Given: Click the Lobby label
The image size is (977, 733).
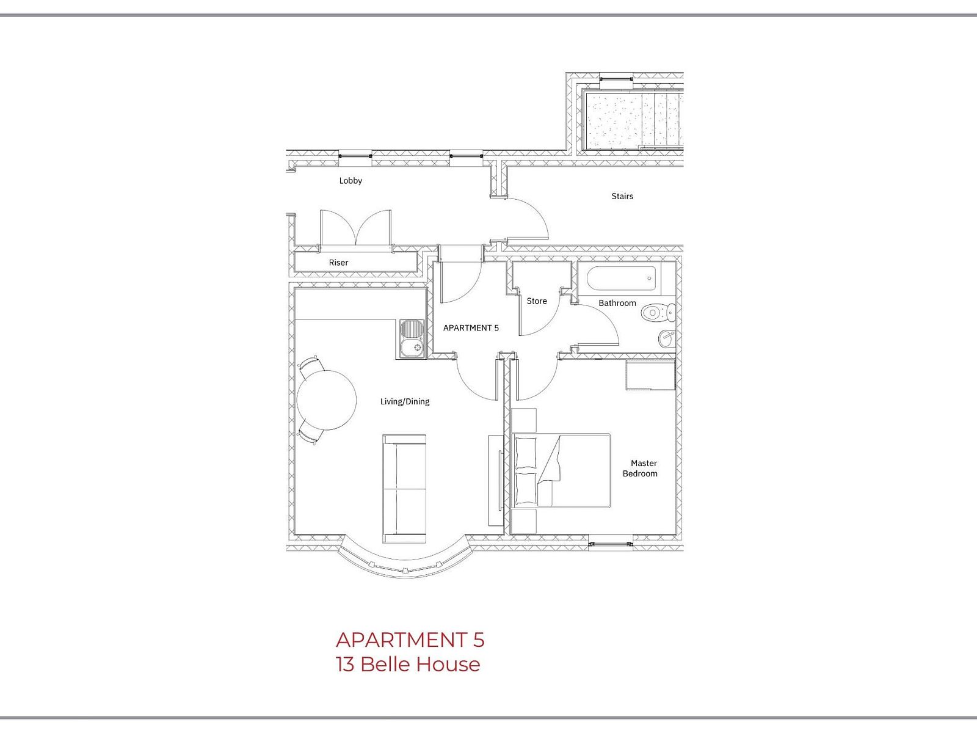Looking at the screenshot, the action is click(x=350, y=181).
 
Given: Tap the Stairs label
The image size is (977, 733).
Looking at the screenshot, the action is click(x=622, y=196).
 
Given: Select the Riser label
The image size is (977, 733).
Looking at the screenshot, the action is click(x=338, y=263).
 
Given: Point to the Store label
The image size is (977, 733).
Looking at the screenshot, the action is click(x=536, y=301).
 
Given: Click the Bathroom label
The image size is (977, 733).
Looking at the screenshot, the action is click(x=617, y=303).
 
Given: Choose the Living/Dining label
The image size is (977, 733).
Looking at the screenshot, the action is click(x=405, y=401).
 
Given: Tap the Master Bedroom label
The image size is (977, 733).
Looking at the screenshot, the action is click(x=640, y=468).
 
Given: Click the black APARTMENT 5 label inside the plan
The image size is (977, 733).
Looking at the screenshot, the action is click(x=470, y=328).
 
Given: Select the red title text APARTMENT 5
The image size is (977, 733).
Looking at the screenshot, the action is click(x=410, y=640).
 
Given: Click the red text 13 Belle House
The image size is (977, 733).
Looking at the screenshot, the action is click(x=408, y=665).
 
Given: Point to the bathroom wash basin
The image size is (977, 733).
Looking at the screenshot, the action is click(x=666, y=338).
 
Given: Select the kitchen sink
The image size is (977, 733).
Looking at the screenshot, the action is click(x=412, y=338).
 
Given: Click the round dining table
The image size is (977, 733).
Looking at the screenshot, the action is click(x=326, y=400).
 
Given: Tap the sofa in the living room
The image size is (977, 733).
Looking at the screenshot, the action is click(x=404, y=489).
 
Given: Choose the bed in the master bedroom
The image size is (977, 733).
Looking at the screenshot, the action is click(x=561, y=470).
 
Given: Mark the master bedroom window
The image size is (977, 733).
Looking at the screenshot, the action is click(x=611, y=544).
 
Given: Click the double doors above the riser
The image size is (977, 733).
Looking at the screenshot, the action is click(x=356, y=227).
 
